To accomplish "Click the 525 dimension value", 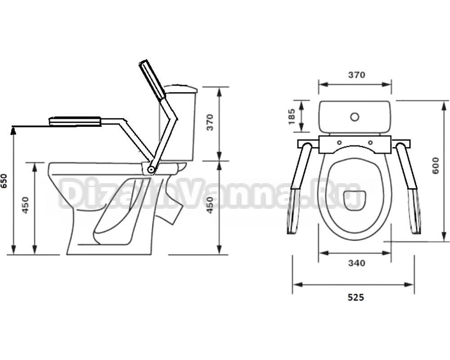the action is tap(356, 297).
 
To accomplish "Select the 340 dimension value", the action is tap(357, 263).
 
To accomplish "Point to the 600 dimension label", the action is tap(436, 165).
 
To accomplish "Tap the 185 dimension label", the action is tap(292, 116).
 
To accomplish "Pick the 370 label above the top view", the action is tap(357, 75).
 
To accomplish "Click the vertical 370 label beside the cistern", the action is tap(210, 122).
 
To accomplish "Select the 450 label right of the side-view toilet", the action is tap(210, 205).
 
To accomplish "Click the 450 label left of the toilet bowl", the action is tap(26, 205).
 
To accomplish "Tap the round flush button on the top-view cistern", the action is tap(355, 117).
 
